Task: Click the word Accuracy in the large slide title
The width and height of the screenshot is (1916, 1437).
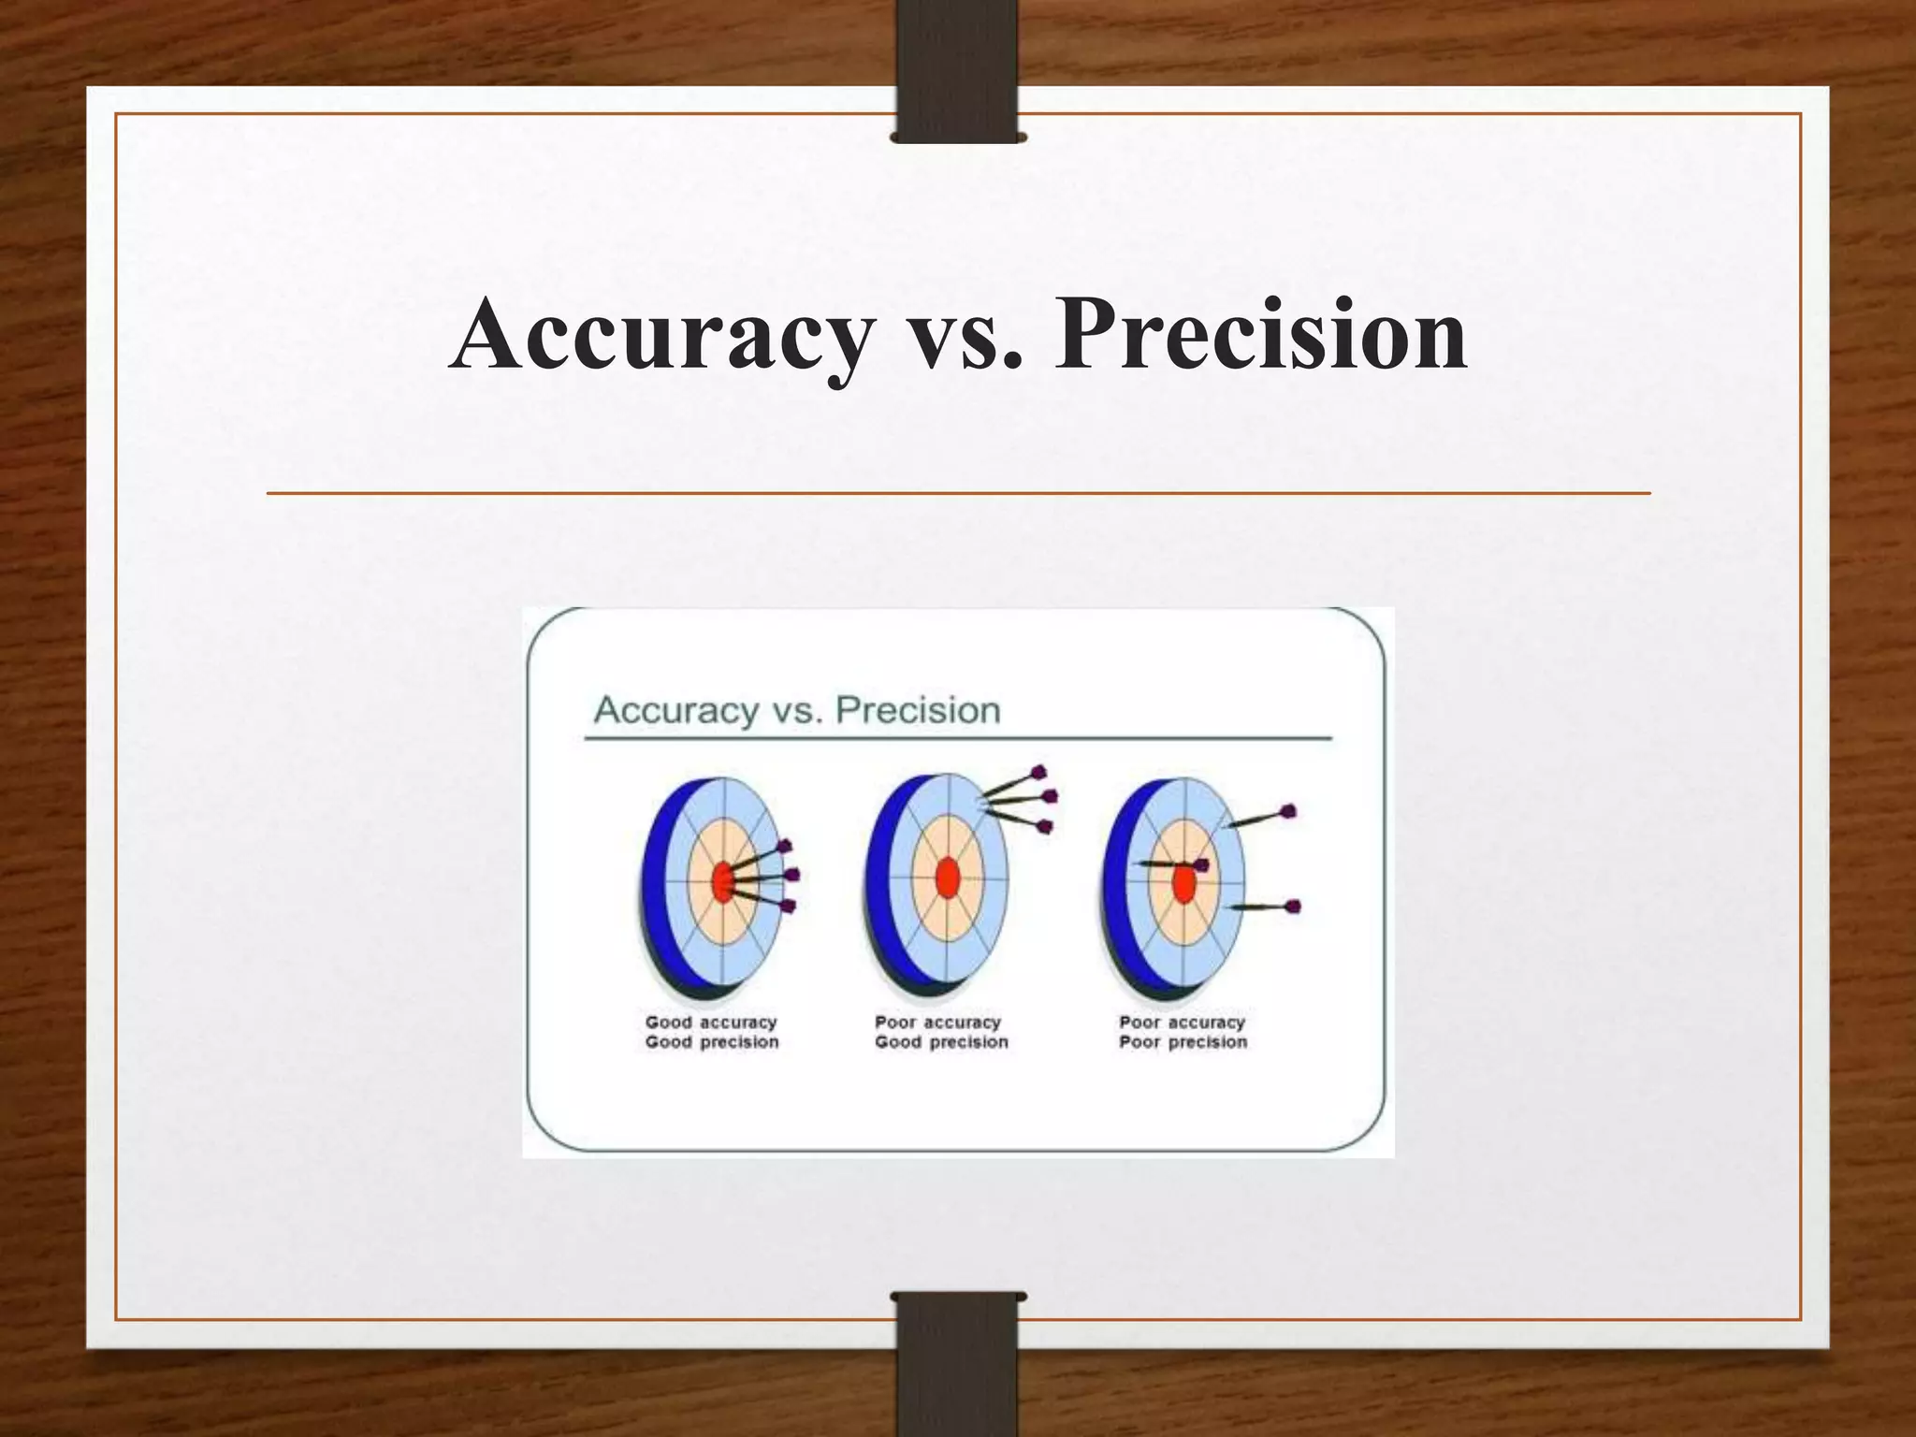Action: pos(660,335)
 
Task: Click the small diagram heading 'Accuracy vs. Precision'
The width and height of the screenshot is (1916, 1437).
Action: pos(797,710)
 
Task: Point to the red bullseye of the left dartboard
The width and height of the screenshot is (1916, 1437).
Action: pos(722,881)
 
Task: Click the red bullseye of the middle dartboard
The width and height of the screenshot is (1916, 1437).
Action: pos(947,878)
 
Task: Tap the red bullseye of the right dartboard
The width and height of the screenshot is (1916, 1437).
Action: pos(1183,883)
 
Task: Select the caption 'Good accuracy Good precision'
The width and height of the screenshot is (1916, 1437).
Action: pos(711,1032)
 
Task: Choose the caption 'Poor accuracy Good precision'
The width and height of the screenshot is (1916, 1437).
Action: pos(941,1032)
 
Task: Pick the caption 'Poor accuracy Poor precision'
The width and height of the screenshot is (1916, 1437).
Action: pos(1183,1032)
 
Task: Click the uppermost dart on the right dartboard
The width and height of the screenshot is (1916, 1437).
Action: pos(1259,818)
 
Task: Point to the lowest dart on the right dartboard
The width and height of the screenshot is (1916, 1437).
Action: pos(1263,907)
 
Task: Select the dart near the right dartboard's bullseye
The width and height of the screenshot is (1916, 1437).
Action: pos(1173,864)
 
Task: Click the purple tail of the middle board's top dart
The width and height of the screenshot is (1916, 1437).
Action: pos(1038,773)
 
